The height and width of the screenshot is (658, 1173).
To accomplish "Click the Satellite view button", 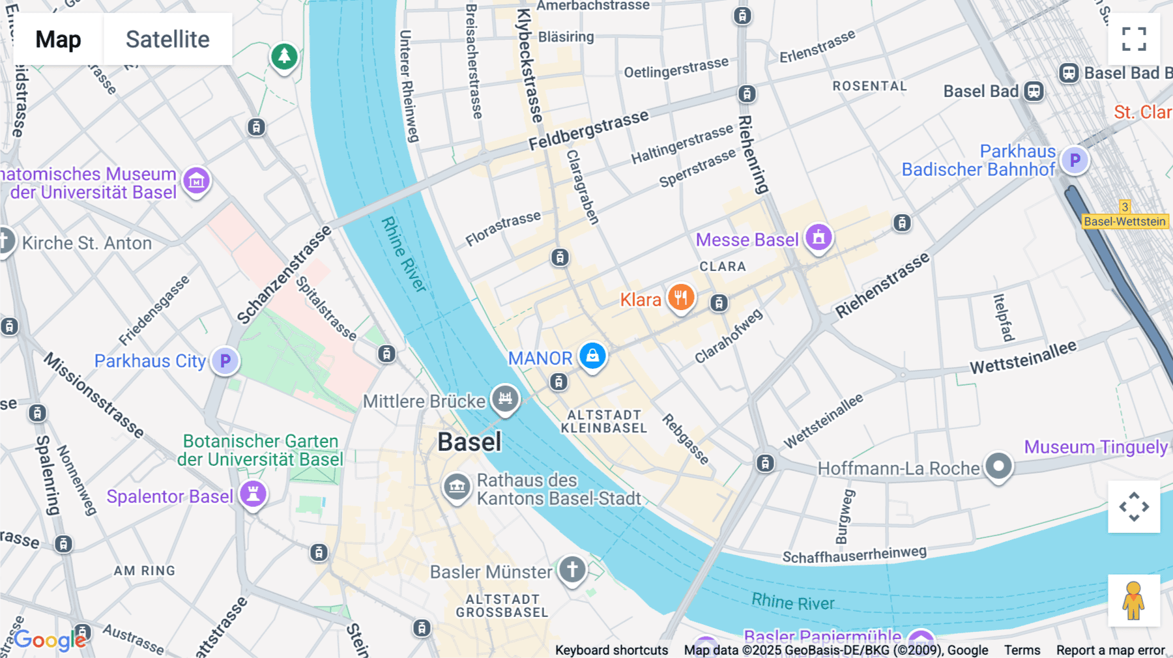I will tap(167, 39).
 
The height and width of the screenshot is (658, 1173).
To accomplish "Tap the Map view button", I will tap(58, 39).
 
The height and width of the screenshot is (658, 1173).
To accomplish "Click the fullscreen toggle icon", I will tap(1134, 39).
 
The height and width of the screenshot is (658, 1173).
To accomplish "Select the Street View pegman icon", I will tap(1134, 601).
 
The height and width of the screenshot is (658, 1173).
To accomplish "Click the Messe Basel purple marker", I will tap(818, 237).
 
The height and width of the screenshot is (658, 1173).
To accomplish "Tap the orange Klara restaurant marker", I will tap(680, 298).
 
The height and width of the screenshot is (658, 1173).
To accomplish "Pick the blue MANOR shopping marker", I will tap(592, 356).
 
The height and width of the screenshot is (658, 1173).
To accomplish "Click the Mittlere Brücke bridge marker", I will tap(505, 398).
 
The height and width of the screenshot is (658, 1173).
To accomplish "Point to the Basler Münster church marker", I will tap(572, 569).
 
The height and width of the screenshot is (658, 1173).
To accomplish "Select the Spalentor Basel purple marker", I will tap(253, 494).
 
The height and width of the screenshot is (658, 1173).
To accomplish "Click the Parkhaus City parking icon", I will tap(225, 360).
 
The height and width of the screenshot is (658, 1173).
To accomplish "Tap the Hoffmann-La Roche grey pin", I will tap(998, 466).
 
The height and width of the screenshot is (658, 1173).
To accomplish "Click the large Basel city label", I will tap(469, 442).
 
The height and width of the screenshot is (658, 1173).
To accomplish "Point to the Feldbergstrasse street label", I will tap(588, 130).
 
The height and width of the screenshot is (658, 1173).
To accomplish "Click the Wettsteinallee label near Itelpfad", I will tap(1023, 358).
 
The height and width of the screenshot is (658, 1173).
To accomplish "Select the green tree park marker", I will tap(284, 57).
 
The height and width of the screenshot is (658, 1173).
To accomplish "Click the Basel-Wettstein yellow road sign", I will tap(1125, 222).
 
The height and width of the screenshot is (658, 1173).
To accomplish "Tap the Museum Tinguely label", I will tap(1095, 447).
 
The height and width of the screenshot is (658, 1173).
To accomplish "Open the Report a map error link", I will tap(1110, 650).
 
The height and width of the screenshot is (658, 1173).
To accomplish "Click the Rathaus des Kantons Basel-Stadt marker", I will tap(457, 486).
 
